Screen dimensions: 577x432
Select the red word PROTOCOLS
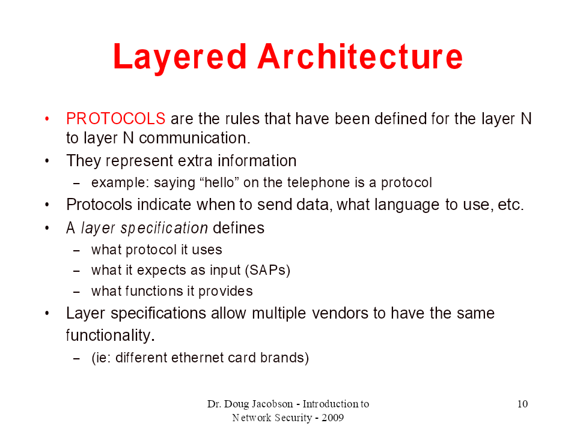[x=115, y=119]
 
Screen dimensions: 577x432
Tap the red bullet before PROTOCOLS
[x=47, y=119]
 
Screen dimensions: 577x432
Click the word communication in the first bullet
[x=194, y=138]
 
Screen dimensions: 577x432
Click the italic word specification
[x=164, y=228]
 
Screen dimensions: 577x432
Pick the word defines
[x=239, y=228]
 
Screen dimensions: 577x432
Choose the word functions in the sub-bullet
[x=154, y=291]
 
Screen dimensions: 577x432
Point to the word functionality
[x=110, y=335]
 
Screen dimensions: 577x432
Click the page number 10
[x=522, y=404]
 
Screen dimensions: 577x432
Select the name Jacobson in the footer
[x=272, y=404]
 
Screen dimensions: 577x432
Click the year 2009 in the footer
[x=332, y=418]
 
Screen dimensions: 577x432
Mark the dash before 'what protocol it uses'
[x=76, y=251]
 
